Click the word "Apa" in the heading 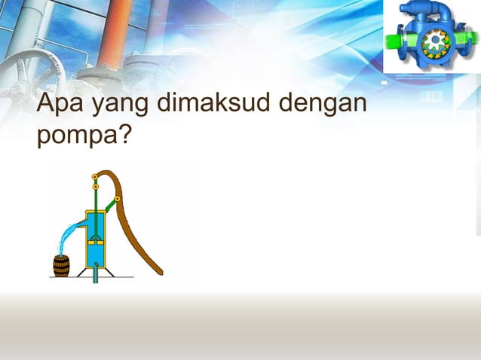pos(60,105)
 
